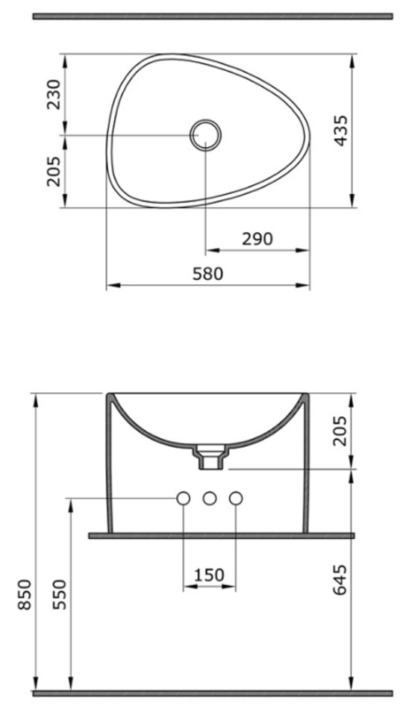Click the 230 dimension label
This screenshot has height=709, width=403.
pos(54,95)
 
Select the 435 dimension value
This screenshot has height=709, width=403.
pos(341,130)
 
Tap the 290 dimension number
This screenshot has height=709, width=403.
pos(257,239)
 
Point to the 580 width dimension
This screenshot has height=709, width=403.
pos(208,274)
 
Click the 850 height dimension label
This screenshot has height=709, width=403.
pos(25,594)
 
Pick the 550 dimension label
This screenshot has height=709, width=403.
pos(59,594)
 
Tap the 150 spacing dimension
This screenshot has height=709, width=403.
pos(210,575)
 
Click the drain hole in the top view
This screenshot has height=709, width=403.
pos(205,135)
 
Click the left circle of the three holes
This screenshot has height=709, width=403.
pos(183,499)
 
